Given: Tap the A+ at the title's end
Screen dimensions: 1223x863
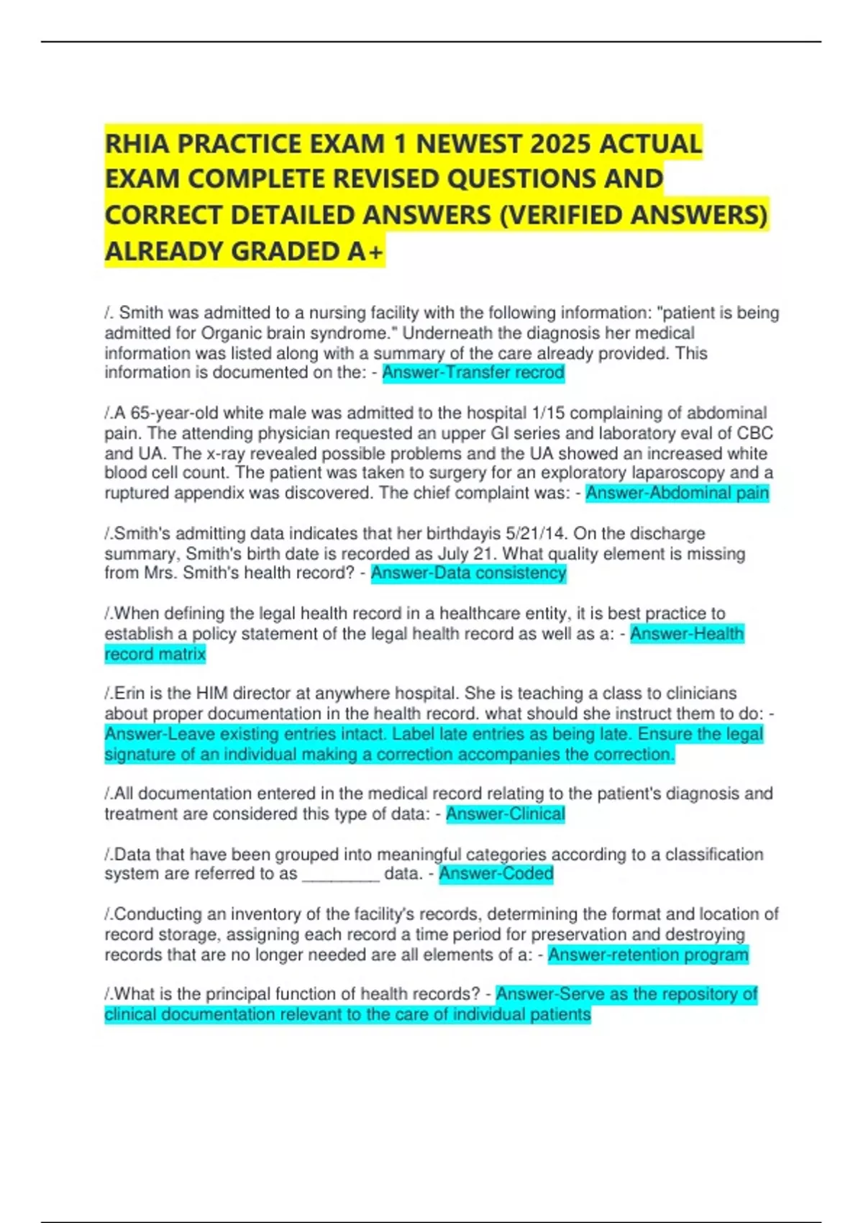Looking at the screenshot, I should point(366,251).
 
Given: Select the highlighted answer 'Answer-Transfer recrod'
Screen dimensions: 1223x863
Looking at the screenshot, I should point(473,373).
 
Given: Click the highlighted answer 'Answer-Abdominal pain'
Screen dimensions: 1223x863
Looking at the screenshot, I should point(677,493).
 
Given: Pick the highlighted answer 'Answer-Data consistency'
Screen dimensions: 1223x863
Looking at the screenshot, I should point(469,573).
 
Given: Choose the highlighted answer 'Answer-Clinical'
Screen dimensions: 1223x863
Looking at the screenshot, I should point(506,814).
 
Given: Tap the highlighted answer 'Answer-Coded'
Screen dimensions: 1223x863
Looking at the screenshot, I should point(496,873).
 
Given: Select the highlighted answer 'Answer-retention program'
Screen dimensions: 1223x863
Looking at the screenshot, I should point(648,955).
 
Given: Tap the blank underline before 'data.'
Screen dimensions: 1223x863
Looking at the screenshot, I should point(341,875).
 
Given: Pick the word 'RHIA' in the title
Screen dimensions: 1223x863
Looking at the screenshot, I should point(137,144).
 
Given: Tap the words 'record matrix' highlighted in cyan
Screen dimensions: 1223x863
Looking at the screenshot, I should point(155,654).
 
